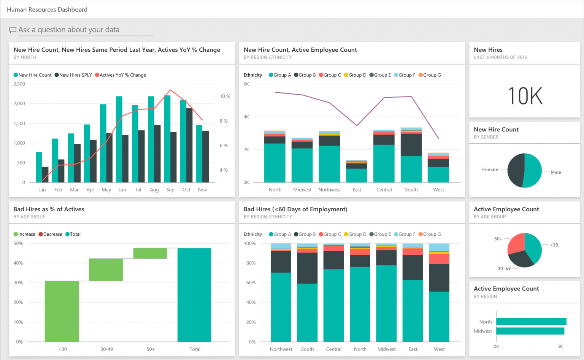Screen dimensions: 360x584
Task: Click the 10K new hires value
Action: pos(525,96)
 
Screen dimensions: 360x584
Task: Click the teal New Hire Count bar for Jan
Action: pos(39,167)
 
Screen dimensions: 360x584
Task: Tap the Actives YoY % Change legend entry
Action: pos(121,75)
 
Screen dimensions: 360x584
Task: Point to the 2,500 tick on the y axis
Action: pos(19,84)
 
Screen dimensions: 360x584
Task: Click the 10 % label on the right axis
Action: pos(225,96)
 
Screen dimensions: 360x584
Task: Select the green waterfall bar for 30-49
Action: pos(106,270)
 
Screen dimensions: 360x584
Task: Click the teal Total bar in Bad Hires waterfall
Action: pos(194,295)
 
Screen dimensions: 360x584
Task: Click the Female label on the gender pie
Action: pos(490,170)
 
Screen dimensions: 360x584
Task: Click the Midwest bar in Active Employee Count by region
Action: pos(530,331)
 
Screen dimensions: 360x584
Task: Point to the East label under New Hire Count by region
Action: pos(357,190)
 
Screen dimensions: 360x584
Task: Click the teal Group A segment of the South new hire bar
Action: pos(411,169)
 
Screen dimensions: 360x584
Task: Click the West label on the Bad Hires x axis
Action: pos(439,349)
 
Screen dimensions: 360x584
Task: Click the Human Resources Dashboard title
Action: pos(47,10)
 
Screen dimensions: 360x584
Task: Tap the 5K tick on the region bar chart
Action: pos(560,346)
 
